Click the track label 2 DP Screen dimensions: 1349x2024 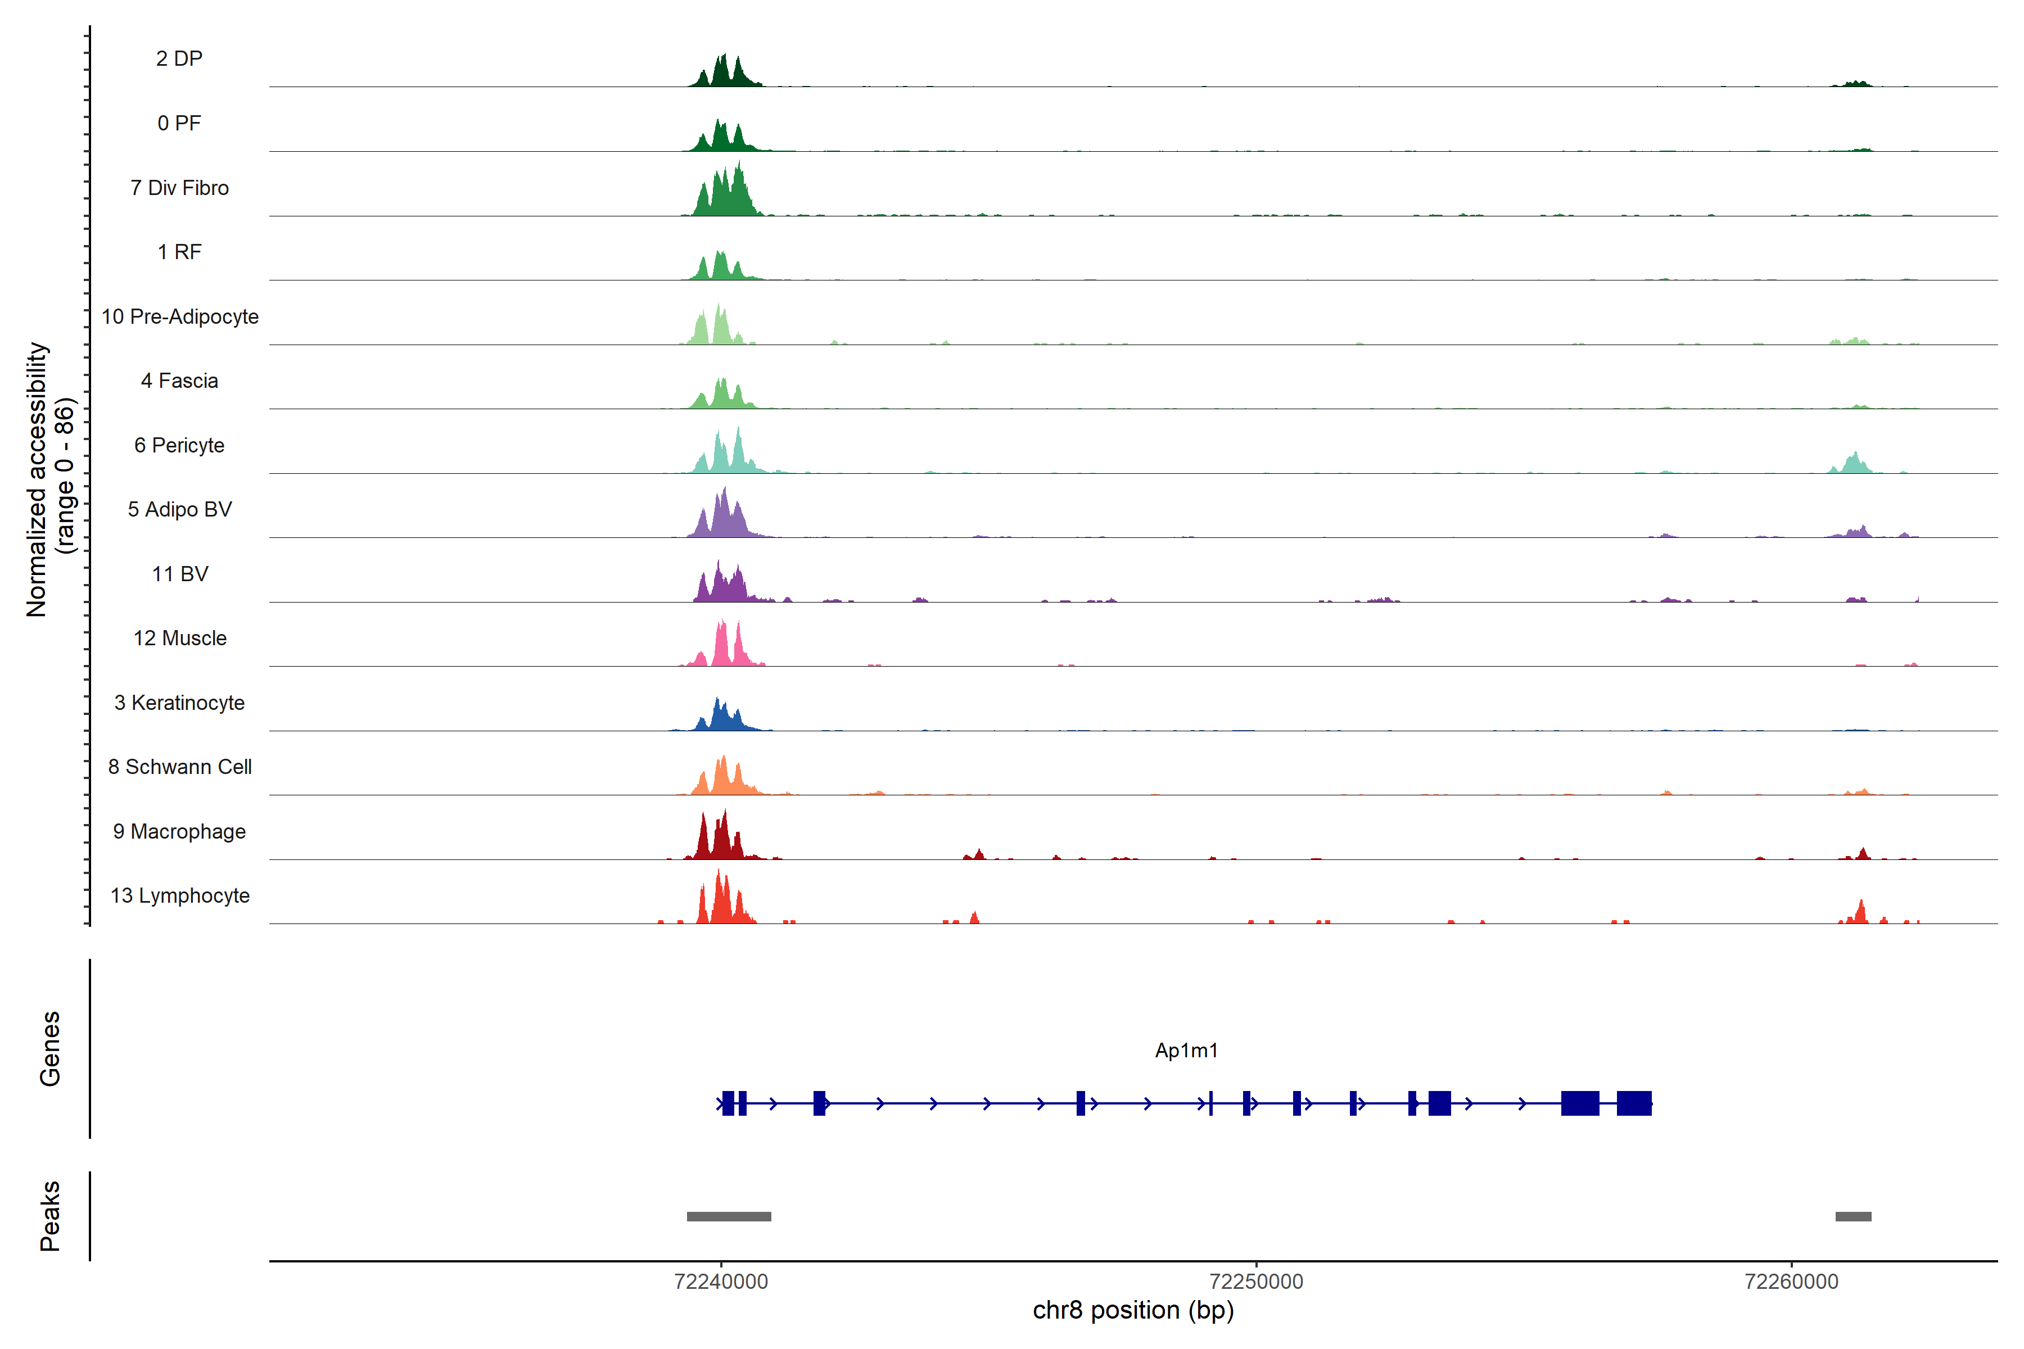(x=179, y=58)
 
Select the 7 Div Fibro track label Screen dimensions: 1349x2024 (x=179, y=188)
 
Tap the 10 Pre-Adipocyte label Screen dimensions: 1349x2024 (x=179, y=316)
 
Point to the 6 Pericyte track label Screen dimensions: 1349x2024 (x=179, y=446)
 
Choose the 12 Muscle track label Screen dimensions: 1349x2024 (x=179, y=639)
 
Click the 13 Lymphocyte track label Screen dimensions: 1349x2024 (x=179, y=895)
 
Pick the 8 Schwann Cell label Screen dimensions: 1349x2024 (x=179, y=767)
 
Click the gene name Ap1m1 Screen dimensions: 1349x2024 (x=1186, y=1051)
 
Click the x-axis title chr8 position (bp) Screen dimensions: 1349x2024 (x=1132, y=1310)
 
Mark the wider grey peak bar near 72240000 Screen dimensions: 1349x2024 (x=728, y=1216)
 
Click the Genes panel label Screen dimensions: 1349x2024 (x=50, y=1049)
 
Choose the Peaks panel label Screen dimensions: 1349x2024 (x=50, y=1216)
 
